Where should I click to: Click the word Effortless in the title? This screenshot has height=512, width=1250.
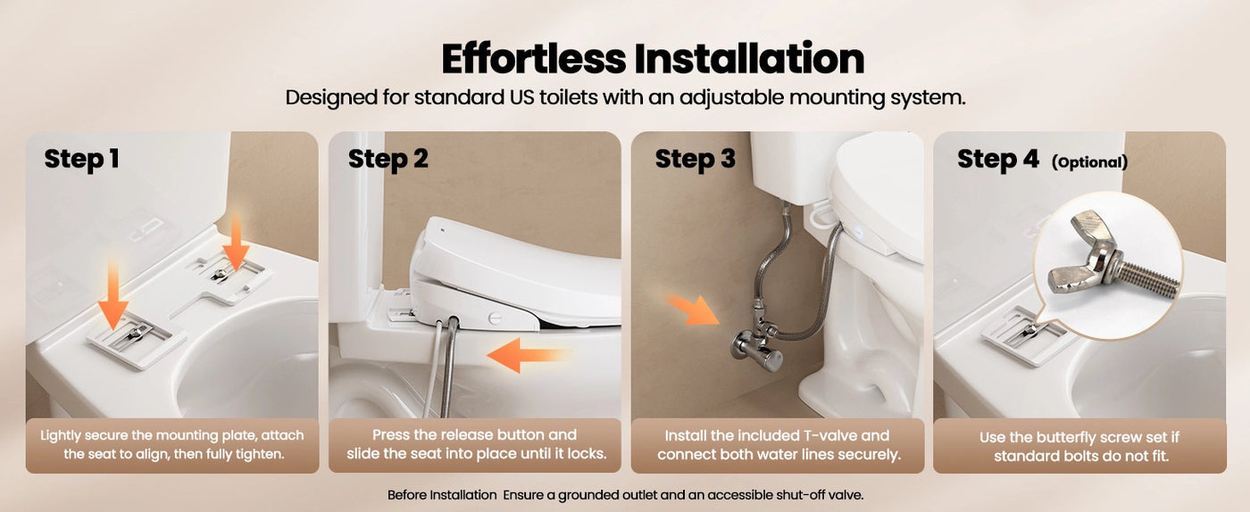pos(534,59)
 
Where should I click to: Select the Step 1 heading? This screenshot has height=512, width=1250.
pos(81,159)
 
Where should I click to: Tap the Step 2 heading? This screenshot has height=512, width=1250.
pos(387,159)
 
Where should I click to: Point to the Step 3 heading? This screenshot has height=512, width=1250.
pos(695,159)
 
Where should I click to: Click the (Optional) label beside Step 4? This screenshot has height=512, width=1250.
pos(1089,162)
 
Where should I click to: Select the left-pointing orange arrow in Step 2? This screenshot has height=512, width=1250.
pos(527,356)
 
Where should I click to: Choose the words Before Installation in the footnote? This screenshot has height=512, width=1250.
pos(441,494)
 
